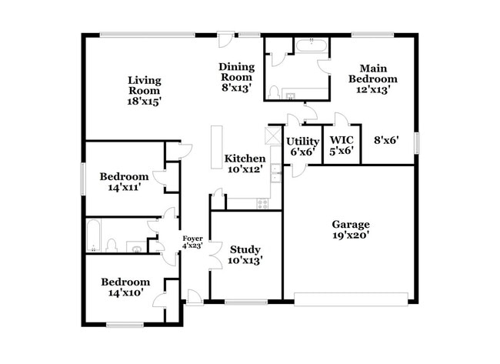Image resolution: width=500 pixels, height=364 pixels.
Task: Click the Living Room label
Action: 144,90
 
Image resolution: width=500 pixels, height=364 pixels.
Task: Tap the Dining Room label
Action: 235,77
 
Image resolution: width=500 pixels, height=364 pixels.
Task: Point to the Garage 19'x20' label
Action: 351,230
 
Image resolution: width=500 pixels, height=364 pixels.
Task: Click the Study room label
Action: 245,255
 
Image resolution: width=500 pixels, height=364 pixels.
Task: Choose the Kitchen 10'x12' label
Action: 245,163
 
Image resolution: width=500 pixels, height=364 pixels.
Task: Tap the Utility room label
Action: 302,146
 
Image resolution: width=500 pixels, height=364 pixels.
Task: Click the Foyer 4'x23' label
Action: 192,242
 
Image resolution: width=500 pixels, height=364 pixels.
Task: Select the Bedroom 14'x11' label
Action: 124,182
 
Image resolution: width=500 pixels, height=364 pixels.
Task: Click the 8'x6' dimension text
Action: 386,140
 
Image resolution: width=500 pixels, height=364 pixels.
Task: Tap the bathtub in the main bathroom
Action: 310,45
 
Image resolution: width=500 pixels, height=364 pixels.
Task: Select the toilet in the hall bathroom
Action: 112,245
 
